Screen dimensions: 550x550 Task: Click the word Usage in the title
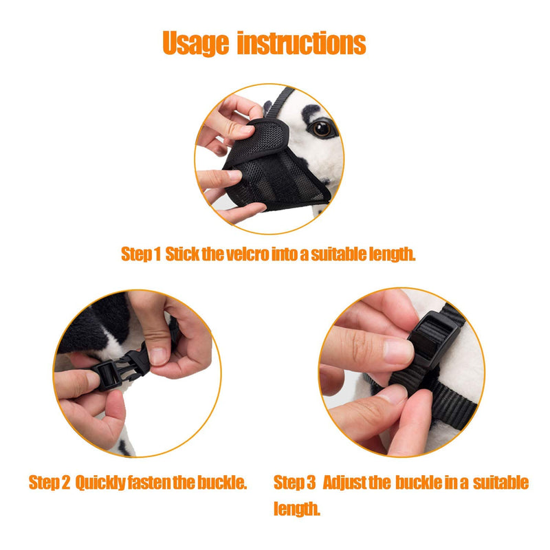[196, 43]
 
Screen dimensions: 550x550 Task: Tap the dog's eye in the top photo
[321, 129]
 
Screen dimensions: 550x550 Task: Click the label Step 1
[140, 254]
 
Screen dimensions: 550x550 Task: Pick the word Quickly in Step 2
[100, 483]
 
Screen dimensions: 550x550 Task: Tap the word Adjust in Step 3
[344, 483]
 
